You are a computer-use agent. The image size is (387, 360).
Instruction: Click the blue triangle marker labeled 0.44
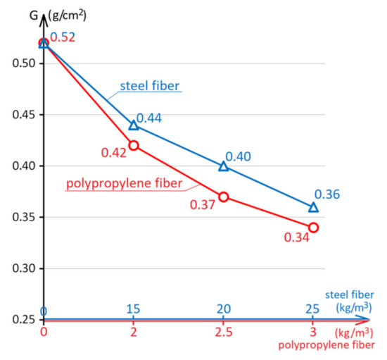pos(134,125)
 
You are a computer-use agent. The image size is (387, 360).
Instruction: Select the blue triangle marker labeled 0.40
pos(224,166)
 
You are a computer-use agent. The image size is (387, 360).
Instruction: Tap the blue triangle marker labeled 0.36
pos(314,207)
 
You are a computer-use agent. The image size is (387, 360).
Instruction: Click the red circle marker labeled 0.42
pos(134,145)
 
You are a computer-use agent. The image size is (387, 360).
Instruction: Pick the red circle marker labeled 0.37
pos(224,197)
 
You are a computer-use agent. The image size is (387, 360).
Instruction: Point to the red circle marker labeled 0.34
pos(314,228)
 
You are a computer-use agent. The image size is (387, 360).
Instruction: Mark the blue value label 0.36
pos(328,194)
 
